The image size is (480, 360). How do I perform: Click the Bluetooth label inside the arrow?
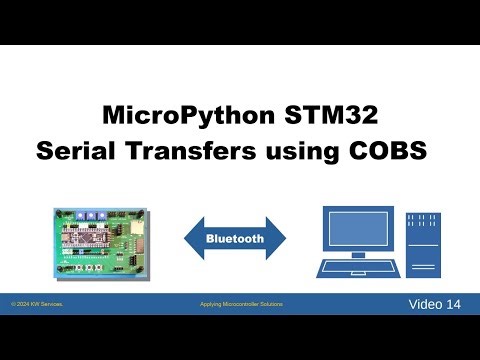pos(235,239)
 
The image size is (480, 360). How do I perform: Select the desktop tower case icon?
pos(425,245)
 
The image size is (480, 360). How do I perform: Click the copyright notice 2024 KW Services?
pos(37,303)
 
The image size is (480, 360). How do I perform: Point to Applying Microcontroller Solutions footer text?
pos(235,303)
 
